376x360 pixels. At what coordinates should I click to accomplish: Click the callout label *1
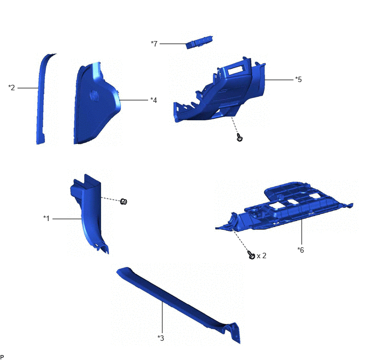tap(46, 218)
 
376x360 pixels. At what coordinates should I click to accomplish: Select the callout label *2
tap(11, 88)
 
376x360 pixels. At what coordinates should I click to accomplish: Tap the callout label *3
tap(161, 338)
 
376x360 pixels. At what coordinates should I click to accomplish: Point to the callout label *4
tap(154, 100)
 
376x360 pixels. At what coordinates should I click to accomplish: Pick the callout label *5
tap(298, 79)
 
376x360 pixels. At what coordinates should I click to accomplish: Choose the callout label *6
tap(301, 250)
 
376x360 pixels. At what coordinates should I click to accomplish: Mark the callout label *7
tap(154, 43)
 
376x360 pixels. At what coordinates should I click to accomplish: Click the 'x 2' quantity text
tap(261, 256)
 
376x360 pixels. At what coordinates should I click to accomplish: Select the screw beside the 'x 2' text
tap(251, 255)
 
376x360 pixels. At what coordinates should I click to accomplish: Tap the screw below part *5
tap(239, 137)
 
